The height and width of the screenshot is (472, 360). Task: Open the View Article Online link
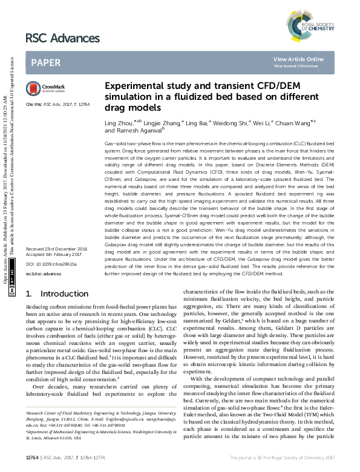click(299, 59)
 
